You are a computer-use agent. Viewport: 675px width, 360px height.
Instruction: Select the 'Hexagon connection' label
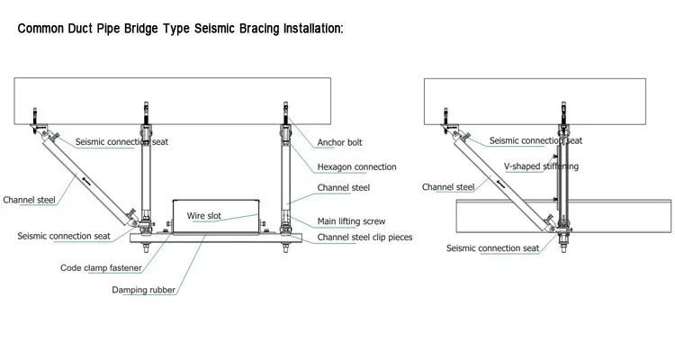coord(356,166)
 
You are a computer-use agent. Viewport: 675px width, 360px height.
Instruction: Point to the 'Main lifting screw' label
coord(352,221)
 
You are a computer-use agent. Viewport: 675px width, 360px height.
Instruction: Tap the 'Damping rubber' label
coord(143,290)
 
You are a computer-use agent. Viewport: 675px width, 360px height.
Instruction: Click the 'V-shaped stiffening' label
coord(541,166)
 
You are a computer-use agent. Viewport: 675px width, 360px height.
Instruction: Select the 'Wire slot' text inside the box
coord(203,216)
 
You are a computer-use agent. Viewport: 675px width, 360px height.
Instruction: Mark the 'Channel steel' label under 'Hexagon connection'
coord(342,187)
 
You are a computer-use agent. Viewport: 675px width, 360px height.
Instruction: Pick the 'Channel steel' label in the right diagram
coord(448,187)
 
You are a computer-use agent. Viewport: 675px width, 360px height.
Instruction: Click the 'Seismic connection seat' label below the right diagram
coord(493,247)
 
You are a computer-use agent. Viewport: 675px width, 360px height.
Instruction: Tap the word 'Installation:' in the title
coord(305,29)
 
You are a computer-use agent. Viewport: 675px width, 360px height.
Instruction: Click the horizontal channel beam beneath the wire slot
coord(216,238)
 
